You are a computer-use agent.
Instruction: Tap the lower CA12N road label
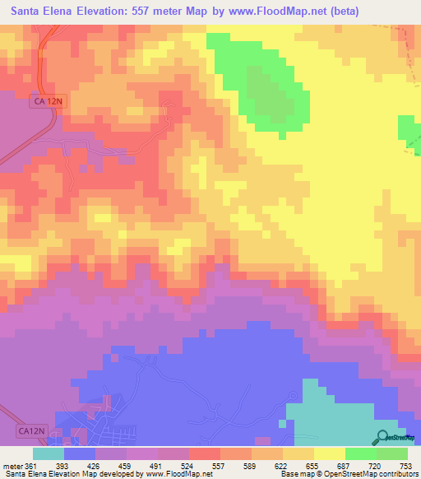[x=31, y=430]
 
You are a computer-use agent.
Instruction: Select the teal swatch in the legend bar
[x=48, y=453]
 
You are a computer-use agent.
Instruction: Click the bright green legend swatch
[x=360, y=453]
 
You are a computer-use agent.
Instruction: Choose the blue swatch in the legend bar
[x=79, y=453]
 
